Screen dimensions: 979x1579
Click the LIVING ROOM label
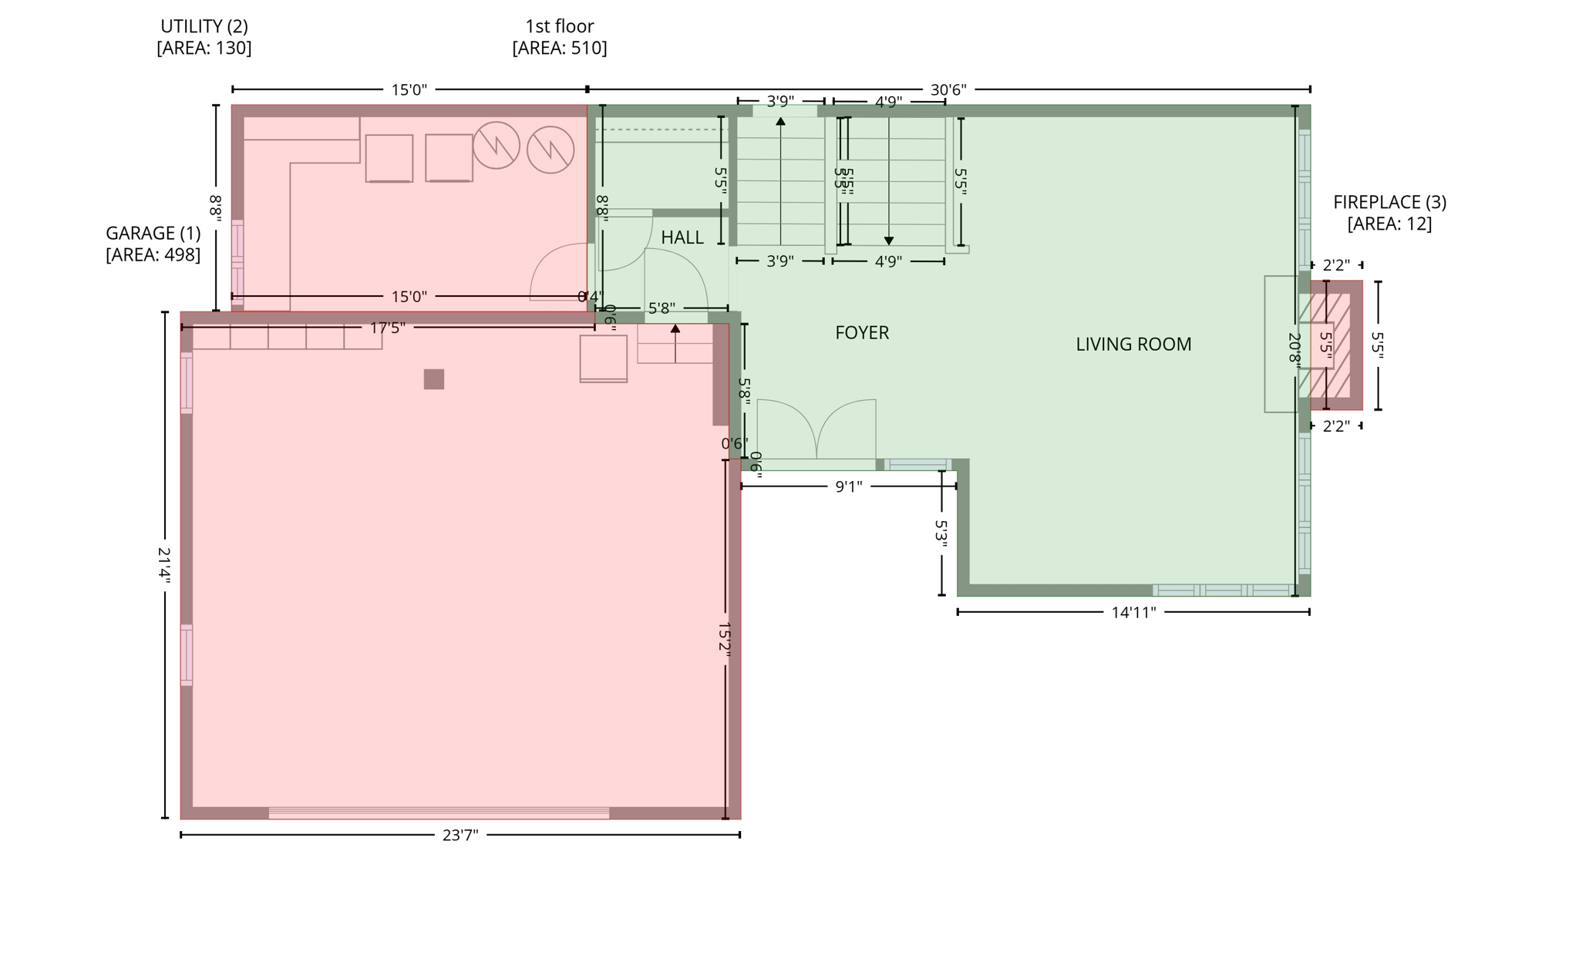[1133, 345]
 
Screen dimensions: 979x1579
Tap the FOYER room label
[862, 333]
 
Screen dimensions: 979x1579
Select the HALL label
[682, 237]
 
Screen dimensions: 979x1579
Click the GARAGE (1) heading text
[153, 233]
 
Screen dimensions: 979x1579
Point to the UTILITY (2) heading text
[204, 26]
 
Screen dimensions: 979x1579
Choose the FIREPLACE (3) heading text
[1389, 202]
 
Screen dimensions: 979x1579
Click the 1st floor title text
[559, 26]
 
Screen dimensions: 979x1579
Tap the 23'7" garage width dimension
[460, 835]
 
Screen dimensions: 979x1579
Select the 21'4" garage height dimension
[164, 565]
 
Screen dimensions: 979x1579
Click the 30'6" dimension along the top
[948, 89]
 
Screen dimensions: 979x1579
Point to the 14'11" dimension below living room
[1133, 613]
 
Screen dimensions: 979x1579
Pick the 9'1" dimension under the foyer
[848, 486]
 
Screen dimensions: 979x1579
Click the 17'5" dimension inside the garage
[387, 328]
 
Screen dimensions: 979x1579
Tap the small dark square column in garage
[433, 379]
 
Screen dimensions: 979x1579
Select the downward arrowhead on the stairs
[888, 241]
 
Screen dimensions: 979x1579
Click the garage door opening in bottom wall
[438, 812]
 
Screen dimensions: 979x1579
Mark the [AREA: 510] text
[559, 48]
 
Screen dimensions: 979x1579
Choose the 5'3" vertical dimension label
[941, 534]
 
